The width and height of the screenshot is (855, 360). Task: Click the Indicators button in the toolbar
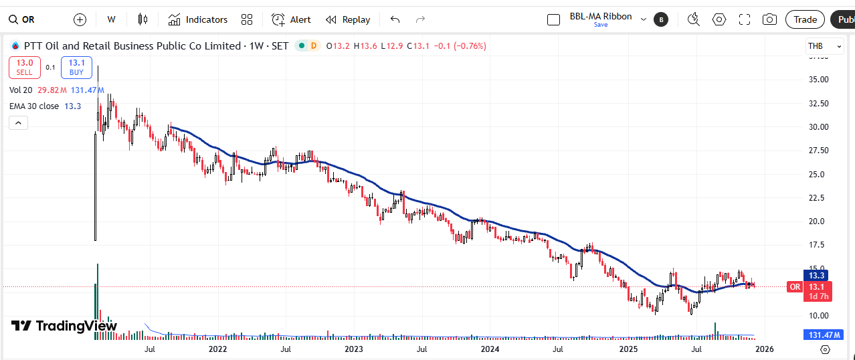198,19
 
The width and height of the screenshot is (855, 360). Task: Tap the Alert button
292,19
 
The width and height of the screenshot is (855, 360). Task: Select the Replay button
348,19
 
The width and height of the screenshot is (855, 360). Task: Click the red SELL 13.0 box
25,67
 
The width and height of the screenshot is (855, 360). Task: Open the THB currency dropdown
824,46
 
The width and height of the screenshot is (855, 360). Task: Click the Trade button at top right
805,19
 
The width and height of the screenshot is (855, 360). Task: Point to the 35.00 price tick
820,80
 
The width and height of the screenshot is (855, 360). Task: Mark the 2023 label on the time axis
354,349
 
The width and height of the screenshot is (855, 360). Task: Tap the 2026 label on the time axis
764,349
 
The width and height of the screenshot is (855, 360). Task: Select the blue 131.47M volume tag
824,335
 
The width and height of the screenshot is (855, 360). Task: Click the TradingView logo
64,326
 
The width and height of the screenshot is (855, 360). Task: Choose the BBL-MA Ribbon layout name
600,17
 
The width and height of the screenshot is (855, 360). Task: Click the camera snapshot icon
769,19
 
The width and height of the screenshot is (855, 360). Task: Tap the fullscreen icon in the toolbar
745,19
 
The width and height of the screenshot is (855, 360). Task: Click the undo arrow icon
395,19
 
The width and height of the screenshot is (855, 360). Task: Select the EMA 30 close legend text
34,106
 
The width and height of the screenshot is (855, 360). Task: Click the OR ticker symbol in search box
28,19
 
